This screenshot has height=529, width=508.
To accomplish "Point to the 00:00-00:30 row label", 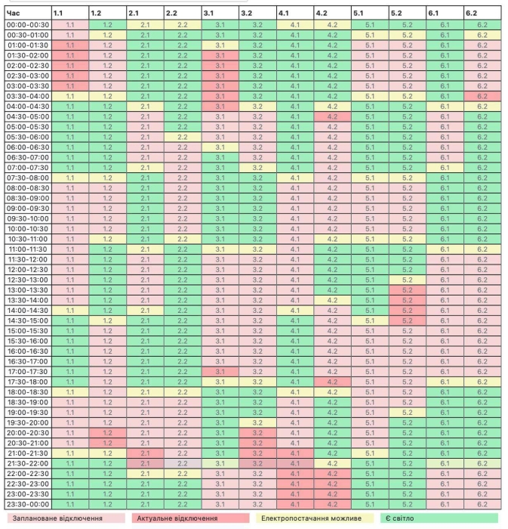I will (x=28, y=25).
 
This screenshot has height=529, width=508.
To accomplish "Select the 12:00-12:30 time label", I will (x=28, y=269).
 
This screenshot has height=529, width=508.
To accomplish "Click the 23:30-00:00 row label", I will (x=28, y=503).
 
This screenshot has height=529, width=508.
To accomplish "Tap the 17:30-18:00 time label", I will (x=28, y=381).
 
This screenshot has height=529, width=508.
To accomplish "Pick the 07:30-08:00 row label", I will (x=28, y=178).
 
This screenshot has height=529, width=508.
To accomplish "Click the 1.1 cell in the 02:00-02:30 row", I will (x=69, y=65).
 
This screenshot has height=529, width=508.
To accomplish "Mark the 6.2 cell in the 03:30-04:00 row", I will (x=482, y=96).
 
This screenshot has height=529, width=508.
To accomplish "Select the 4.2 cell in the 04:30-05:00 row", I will (x=332, y=116).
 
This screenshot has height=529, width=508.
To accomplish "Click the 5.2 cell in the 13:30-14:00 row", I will (x=407, y=300).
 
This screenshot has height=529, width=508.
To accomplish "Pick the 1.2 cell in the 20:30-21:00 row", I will (x=107, y=442).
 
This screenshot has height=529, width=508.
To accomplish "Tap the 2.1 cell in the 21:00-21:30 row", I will (x=144, y=453).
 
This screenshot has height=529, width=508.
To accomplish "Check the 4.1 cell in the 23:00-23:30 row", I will (x=294, y=493).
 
